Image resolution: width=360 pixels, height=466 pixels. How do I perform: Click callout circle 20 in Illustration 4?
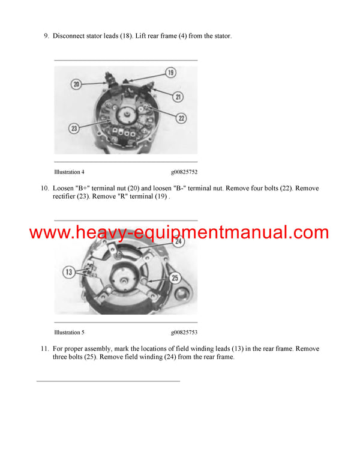[x=76, y=85]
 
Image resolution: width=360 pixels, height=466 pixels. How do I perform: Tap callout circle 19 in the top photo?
[x=170, y=73]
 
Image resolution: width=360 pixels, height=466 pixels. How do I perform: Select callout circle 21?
[x=178, y=96]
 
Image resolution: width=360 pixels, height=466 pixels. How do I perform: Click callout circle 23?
[x=74, y=127]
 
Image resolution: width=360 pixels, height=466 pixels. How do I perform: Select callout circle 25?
[x=176, y=278]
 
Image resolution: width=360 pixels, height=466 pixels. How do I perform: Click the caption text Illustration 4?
[x=69, y=172]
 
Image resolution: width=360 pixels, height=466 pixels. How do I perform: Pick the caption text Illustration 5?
[x=69, y=332]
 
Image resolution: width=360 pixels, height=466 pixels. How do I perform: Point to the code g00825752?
[x=184, y=172]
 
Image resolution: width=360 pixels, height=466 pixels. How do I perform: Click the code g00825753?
[x=184, y=332]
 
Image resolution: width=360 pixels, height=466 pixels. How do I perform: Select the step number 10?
[x=44, y=189]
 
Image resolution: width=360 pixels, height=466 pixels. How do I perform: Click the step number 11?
[x=44, y=349]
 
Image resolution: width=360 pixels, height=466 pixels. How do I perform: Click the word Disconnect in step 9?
[x=68, y=36]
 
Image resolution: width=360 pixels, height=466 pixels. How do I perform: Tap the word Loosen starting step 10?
[x=64, y=189]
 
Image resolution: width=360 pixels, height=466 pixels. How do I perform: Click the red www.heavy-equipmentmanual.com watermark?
[x=179, y=232]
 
